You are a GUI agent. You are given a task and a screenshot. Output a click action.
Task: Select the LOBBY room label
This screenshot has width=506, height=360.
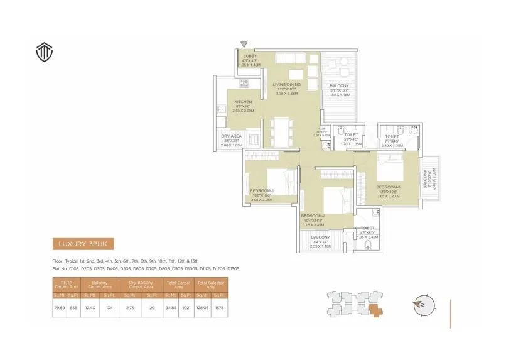pyautogui.click(x=250, y=57)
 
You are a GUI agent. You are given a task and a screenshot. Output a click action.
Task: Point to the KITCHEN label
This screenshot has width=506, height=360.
pyautogui.click(x=243, y=102)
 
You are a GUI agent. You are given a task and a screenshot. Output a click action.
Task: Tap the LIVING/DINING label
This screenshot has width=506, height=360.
pyautogui.click(x=286, y=84)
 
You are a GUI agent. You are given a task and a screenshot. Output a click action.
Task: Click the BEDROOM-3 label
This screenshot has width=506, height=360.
pyautogui.click(x=388, y=187)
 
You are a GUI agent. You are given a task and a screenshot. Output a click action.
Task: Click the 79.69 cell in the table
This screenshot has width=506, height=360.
pyautogui.click(x=60, y=308)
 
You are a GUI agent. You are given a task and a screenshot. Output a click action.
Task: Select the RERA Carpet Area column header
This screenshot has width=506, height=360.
pyautogui.click(x=67, y=285)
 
